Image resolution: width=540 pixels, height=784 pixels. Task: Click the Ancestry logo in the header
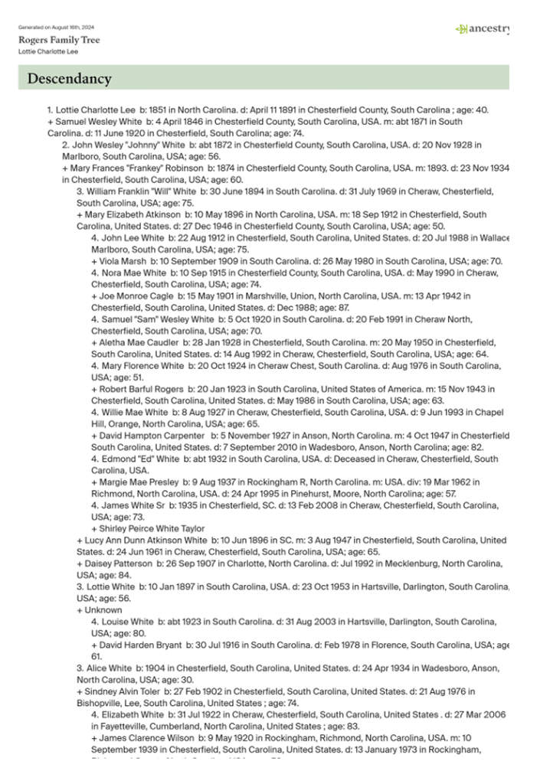(483, 29)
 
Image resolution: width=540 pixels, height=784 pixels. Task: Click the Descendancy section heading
(70, 79)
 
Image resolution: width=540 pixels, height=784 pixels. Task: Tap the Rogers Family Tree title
(59, 40)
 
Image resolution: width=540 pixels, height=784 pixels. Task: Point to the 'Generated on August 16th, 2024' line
(56, 28)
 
